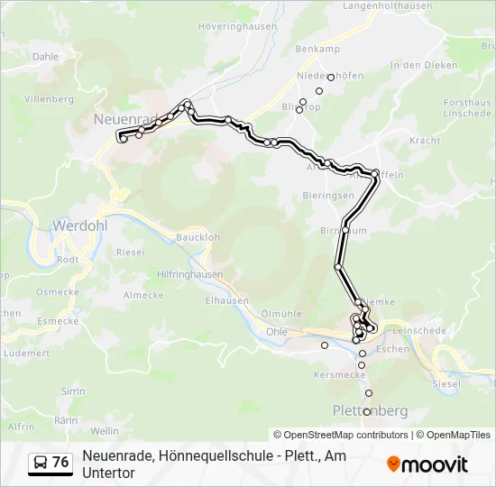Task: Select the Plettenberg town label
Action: click(370, 411)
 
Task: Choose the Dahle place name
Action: click(45, 56)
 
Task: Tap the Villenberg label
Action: click(49, 98)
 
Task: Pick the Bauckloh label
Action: click(198, 237)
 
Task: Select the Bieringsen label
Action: click(328, 195)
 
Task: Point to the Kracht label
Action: click(425, 142)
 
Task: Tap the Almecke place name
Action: click(142, 295)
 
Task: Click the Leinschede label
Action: click(419, 331)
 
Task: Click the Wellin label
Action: click(105, 431)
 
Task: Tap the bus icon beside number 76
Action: click(41, 463)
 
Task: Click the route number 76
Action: click(60, 463)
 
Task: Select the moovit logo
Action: click(427, 464)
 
